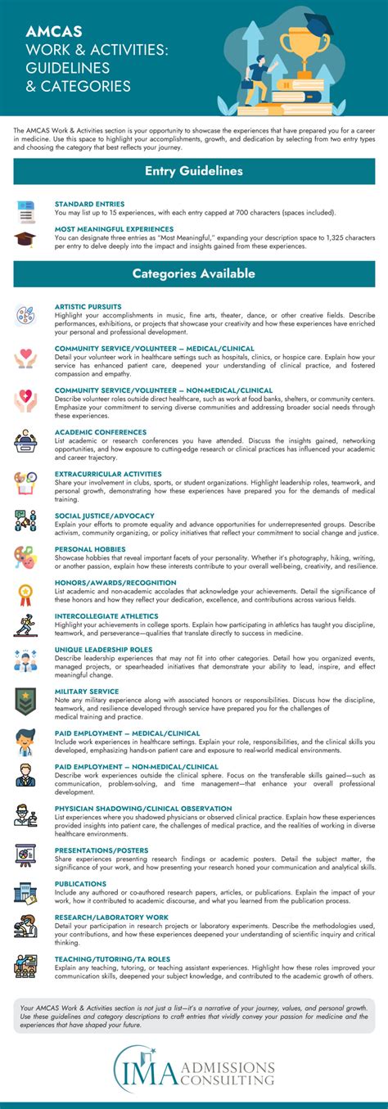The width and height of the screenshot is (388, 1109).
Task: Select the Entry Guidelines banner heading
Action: click(194, 171)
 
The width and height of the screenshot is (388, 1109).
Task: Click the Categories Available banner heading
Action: click(194, 273)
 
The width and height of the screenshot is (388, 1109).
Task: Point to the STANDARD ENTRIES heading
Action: click(89, 203)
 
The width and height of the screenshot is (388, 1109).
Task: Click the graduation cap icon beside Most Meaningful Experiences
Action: click(25, 239)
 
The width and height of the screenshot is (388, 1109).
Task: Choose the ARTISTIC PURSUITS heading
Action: click(89, 306)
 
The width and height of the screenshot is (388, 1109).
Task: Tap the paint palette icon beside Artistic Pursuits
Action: click(25, 315)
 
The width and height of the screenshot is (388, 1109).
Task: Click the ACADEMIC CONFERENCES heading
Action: click(101, 431)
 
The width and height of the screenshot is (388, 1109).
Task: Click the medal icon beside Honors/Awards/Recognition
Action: click(25, 592)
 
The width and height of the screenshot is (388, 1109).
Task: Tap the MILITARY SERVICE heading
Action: click(88, 691)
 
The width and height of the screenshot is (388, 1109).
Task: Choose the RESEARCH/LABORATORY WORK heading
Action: click(111, 917)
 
